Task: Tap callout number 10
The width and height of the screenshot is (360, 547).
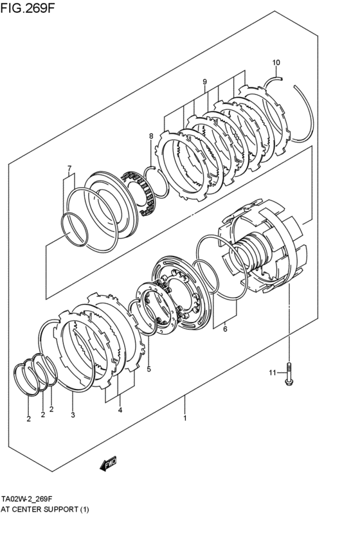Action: pyautogui.click(x=276, y=62)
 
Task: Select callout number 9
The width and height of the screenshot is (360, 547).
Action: pyautogui.click(x=204, y=82)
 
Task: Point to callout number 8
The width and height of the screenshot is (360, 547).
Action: pyautogui.click(x=151, y=136)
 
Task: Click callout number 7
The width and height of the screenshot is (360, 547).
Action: pyautogui.click(x=69, y=169)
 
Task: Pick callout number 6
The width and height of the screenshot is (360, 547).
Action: pyautogui.click(x=225, y=330)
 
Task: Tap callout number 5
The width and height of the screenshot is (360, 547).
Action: pyautogui.click(x=148, y=369)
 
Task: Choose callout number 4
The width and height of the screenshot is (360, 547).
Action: pyautogui.click(x=120, y=409)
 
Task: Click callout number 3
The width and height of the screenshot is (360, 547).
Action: pyautogui.click(x=73, y=415)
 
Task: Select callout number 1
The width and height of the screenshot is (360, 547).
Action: pyautogui.click(x=185, y=418)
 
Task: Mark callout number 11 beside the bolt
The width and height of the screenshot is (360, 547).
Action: pyautogui.click(x=272, y=373)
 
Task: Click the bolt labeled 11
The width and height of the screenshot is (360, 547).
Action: pyautogui.click(x=288, y=373)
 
